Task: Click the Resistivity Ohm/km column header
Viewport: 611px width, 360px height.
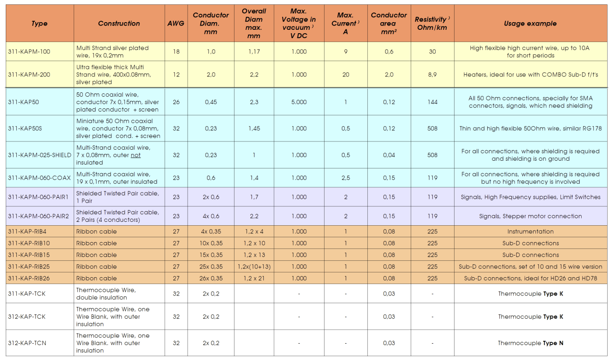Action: click(x=432, y=23)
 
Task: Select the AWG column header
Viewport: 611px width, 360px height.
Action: click(x=176, y=23)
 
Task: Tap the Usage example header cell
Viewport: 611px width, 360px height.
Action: click(x=530, y=23)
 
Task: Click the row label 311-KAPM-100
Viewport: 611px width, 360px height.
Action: click(x=29, y=51)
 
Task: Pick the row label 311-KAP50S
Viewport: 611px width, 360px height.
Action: click(x=26, y=129)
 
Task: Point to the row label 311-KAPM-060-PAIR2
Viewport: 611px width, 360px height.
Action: click(x=39, y=216)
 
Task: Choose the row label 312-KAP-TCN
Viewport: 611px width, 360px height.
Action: click(x=27, y=343)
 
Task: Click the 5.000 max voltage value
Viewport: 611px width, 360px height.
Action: click(x=299, y=102)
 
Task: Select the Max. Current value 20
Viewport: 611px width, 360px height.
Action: click(x=345, y=75)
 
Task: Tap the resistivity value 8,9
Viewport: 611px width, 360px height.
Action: click(x=432, y=75)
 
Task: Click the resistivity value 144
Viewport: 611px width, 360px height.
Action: click(x=432, y=102)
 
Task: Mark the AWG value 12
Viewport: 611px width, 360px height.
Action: click(x=176, y=75)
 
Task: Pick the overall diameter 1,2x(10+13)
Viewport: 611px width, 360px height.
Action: click(x=254, y=267)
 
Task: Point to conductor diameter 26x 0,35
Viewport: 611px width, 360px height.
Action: click(x=211, y=278)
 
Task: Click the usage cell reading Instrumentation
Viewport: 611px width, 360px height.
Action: click(x=530, y=231)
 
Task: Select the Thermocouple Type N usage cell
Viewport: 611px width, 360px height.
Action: click(x=530, y=343)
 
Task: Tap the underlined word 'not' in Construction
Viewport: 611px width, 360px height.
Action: click(x=136, y=155)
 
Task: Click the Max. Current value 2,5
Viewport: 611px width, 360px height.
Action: click(x=345, y=178)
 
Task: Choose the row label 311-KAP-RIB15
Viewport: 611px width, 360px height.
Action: click(x=29, y=255)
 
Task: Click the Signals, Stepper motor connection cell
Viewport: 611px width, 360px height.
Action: click(x=530, y=216)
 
